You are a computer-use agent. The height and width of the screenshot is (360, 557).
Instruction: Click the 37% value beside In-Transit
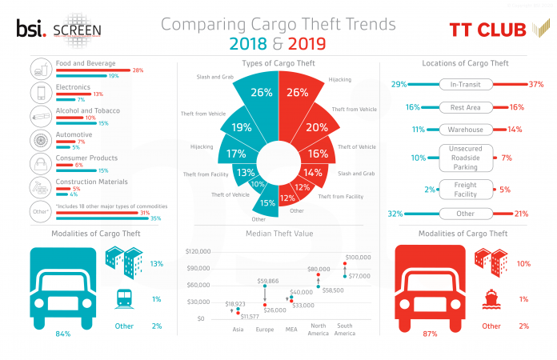[535, 84]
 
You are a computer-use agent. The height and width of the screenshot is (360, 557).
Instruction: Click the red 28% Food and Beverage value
[137, 70]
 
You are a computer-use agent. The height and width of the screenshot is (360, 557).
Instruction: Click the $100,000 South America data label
[358, 257]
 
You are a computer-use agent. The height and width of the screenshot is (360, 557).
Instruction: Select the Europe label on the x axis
[264, 329]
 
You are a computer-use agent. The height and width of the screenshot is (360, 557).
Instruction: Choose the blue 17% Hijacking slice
[236, 153]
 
